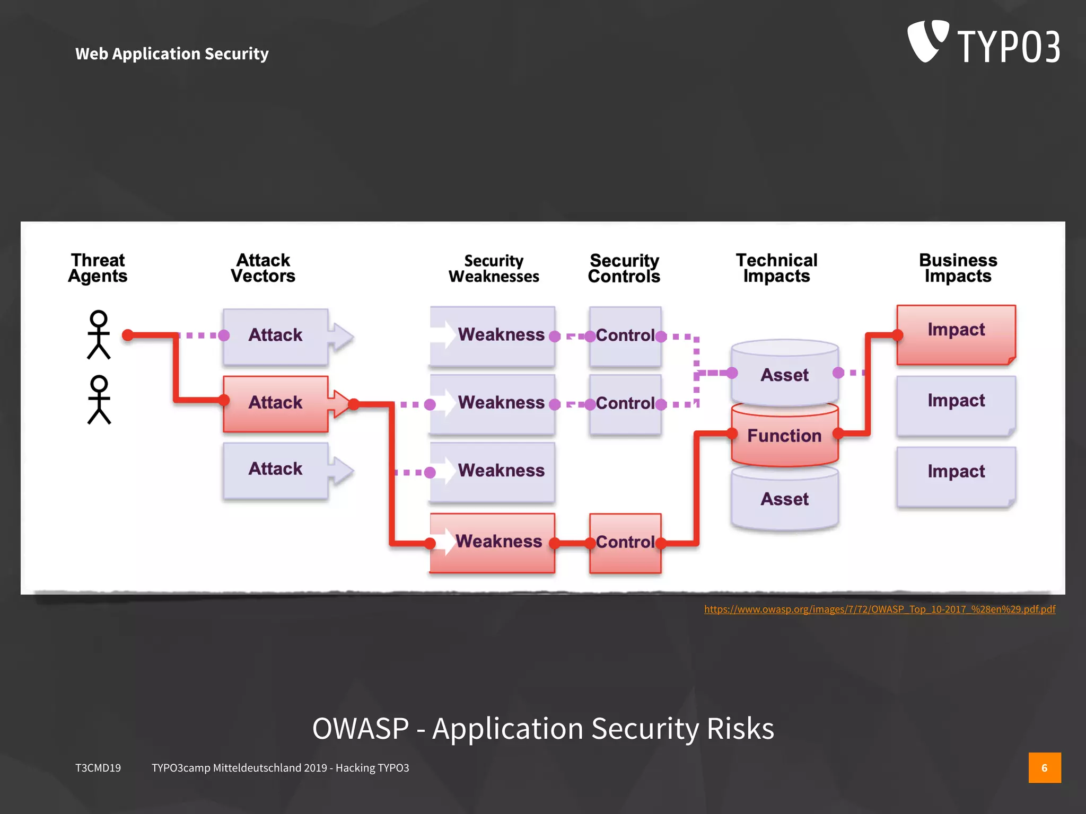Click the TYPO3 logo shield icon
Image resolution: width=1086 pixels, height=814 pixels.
927,41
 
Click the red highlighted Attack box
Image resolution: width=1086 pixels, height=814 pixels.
275,403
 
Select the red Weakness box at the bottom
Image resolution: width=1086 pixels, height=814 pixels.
492,542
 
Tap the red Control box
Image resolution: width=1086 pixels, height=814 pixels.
625,543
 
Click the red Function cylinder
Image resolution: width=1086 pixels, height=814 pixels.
784,436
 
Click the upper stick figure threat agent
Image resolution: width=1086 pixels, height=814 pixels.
99,335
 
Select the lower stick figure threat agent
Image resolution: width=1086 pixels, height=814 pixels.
99,400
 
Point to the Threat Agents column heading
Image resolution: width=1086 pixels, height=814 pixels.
98,268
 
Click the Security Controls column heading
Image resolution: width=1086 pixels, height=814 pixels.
624,268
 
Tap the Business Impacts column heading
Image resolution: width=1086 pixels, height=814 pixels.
958,268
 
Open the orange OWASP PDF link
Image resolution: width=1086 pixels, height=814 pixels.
879,609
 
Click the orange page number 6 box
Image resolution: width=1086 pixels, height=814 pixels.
1044,767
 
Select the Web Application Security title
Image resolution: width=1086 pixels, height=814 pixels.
172,54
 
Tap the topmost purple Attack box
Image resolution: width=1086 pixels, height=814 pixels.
275,336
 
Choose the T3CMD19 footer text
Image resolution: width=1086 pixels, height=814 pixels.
98,768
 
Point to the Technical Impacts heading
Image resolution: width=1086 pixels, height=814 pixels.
776,268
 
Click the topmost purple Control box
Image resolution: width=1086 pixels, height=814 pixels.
625,336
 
